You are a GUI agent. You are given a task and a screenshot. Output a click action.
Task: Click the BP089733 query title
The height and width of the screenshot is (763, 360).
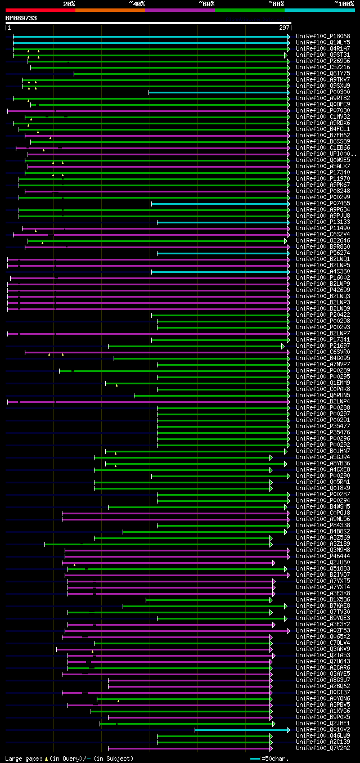(x=21, y=18)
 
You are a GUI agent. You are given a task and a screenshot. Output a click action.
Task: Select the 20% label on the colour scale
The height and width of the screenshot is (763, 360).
(x=69, y=3)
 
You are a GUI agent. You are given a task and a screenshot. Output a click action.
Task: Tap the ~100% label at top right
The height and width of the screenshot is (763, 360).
(x=344, y=3)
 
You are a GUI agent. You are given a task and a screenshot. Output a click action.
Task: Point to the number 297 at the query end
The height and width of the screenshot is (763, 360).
(x=284, y=28)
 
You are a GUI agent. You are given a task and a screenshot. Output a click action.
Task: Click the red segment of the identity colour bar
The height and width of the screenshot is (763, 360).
(x=40, y=10)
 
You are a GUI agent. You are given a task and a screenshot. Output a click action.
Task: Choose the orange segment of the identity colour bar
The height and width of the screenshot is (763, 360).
(x=110, y=10)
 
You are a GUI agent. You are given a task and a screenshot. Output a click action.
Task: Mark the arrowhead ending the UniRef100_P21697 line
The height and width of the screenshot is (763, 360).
(x=283, y=346)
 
